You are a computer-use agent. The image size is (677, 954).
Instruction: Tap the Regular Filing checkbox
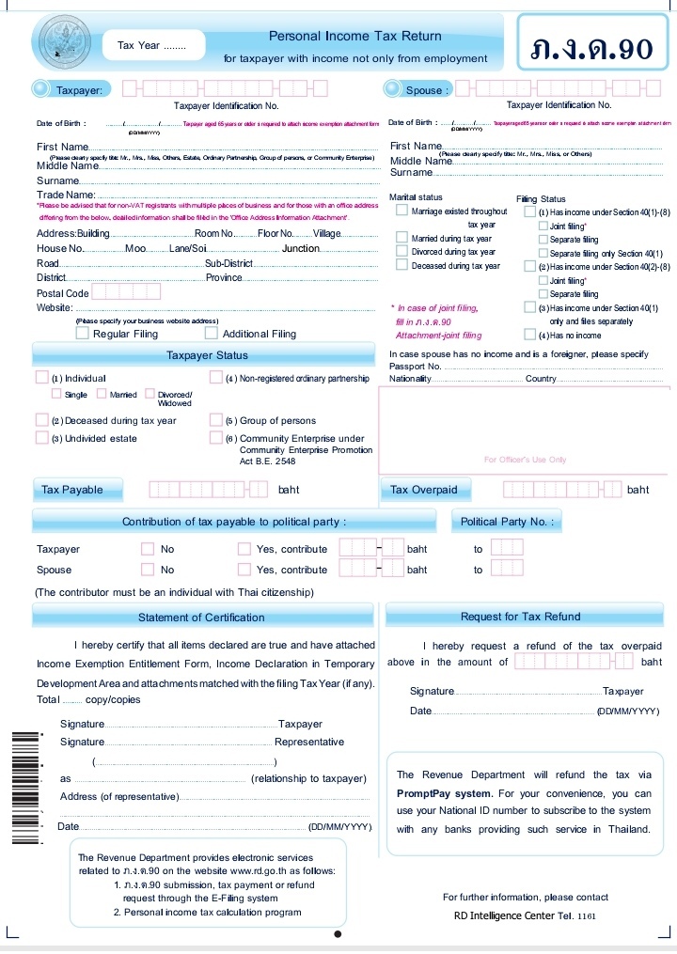(83, 333)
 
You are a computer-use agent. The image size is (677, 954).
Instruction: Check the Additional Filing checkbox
(212, 333)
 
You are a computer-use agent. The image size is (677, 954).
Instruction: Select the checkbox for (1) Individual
(41, 378)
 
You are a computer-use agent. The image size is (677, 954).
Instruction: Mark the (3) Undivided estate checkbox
(41, 437)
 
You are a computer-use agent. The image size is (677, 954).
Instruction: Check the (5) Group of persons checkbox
(216, 420)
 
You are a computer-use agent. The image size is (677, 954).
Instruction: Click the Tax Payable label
(70, 490)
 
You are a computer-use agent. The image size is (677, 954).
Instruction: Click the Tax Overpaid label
(423, 490)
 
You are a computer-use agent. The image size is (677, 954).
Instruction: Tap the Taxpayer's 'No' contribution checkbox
(147, 549)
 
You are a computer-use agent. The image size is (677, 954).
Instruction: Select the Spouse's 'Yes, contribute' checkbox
(244, 570)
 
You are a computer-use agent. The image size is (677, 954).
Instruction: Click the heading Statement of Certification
(201, 618)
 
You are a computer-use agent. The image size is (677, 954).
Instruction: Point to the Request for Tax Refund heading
(521, 618)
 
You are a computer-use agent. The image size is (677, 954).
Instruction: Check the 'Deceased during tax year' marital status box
(402, 266)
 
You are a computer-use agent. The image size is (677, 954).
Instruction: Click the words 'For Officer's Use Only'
(525, 460)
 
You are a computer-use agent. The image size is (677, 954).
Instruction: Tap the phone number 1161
(586, 916)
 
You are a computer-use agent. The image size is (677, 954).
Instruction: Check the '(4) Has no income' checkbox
(530, 335)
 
